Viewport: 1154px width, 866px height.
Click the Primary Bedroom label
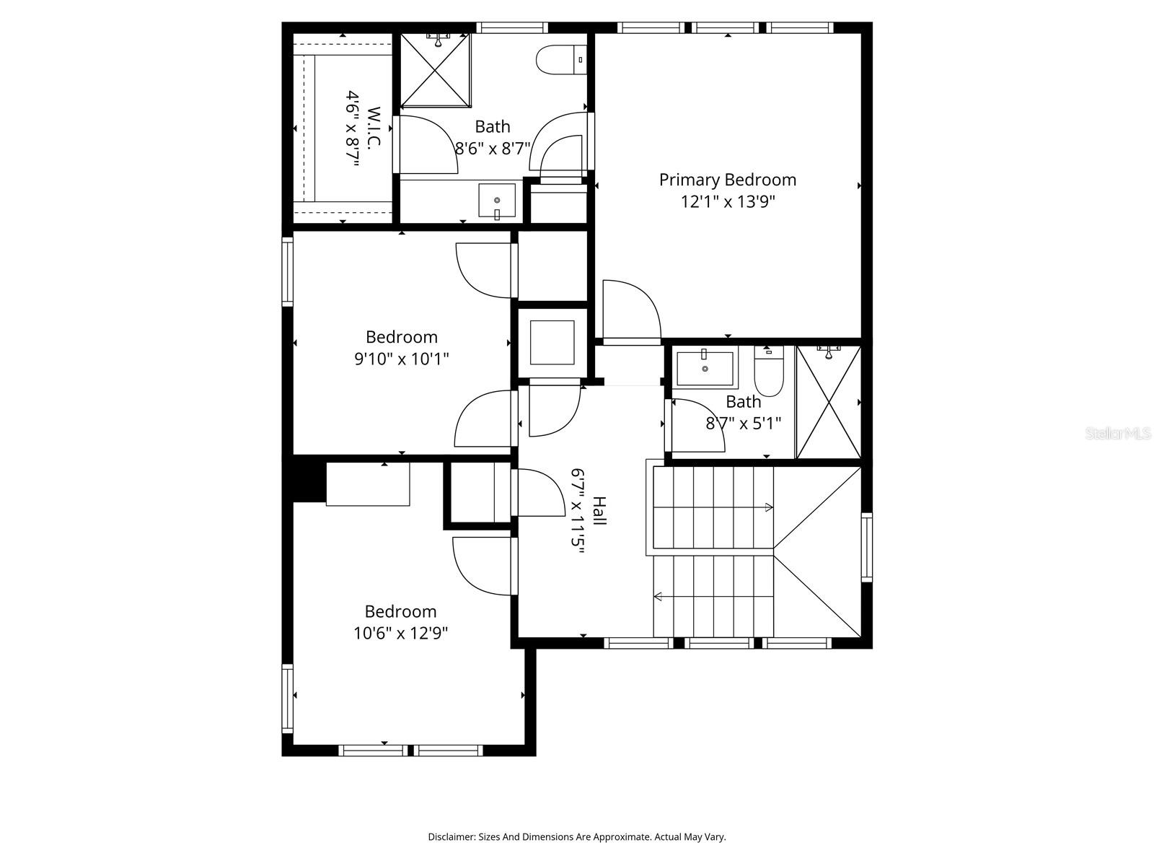click(727, 180)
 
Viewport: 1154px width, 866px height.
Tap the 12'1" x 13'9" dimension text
click(727, 201)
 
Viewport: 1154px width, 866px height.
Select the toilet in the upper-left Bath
click(561, 60)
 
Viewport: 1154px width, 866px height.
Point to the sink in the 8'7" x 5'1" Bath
click(705, 368)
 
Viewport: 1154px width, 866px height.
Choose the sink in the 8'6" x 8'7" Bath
click(497, 201)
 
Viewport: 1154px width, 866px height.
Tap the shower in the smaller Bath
click(828, 403)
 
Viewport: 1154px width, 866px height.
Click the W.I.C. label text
click(374, 128)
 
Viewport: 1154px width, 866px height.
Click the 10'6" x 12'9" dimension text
click(400, 634)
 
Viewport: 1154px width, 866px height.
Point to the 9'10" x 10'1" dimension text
click(401, 359)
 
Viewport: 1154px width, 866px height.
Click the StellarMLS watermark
click(1118, 434)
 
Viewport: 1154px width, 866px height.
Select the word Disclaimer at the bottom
click(451, 837)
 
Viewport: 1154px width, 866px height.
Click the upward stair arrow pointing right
click(767, 507)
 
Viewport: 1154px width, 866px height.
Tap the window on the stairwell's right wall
click(866, 547)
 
